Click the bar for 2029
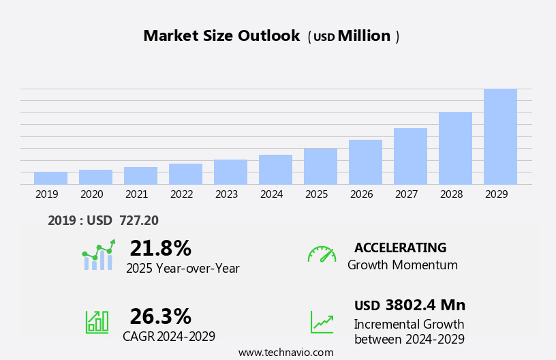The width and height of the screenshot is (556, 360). [x=500, y=136]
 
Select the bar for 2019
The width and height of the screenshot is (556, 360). [x=50, y=178]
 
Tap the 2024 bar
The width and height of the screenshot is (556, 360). [x=275, y=170]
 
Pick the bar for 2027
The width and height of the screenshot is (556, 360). [x=410, y=156]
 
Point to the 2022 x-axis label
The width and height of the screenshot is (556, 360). [x=181, y=194]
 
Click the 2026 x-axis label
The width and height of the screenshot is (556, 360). [x=361, y=194]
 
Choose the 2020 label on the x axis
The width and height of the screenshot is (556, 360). [x=91, y=194]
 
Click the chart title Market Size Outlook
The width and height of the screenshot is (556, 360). [x=221, y=36]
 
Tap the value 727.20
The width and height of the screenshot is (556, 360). [x=138, y=220]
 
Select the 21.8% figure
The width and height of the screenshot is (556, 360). [x=160, y=248]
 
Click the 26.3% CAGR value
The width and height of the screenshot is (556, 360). [x=160, y=316]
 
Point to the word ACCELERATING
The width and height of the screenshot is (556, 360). [x=400, y=248]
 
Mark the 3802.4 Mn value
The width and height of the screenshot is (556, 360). [x=425, y=305]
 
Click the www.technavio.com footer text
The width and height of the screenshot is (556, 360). [x=285, y=352]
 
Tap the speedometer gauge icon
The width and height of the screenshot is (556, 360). [x=322, y=254]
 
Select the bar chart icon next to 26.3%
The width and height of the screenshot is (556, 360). [x=97, y=322]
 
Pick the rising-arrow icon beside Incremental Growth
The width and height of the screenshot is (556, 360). [x=322, y=322]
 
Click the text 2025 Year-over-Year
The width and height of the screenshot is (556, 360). [x=183, y=269]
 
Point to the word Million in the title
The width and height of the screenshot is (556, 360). [x=364, y=36]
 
